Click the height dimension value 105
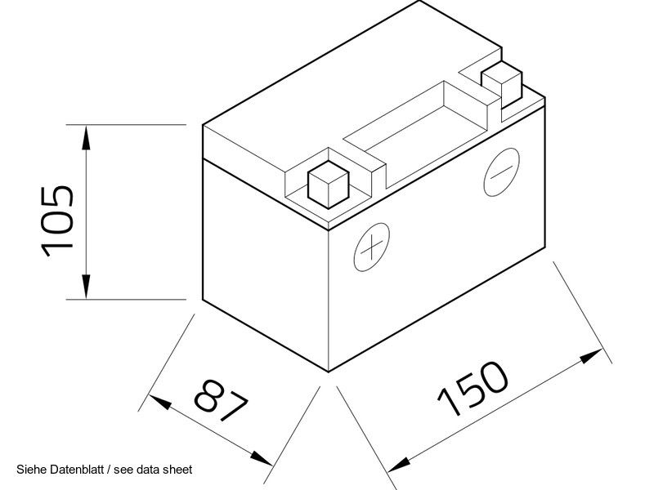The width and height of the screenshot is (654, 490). pyautogui.click(x=56, y=220)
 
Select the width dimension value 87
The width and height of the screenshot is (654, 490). pyautogui.click(x=222, y=400)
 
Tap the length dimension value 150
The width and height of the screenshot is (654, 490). pyautogui.click(x=473, y=389)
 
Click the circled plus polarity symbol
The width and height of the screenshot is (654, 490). pyautogui.click(x=372, y=247)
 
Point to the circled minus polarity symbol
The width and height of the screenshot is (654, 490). pyautogui.click(x=502, y=171)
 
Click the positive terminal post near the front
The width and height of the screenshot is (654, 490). pyautogui.click(x=329, y=185)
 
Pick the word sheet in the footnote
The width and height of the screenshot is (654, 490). pyautogui.click(x=178, y=470)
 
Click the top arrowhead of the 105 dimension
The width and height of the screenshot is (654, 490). pyautogui.click(x=86, y=136)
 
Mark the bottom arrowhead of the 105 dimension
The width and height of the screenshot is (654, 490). pyautogui.click(x=86, y=287)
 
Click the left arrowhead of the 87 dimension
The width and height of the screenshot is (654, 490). pyautogui.click(x=160, y=402)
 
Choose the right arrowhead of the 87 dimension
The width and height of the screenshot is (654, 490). pyautogui.click(x=261, y=458)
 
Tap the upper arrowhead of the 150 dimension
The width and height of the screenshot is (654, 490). pyautogui.click(x=591, y=356)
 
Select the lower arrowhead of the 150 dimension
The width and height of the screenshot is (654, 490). pyautogui.click(x=399, y=465)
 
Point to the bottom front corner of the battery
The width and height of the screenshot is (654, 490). pyautogui.click(x=329, y=372)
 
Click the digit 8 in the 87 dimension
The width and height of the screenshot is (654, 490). pyautogui.click(x=209, y=394)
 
